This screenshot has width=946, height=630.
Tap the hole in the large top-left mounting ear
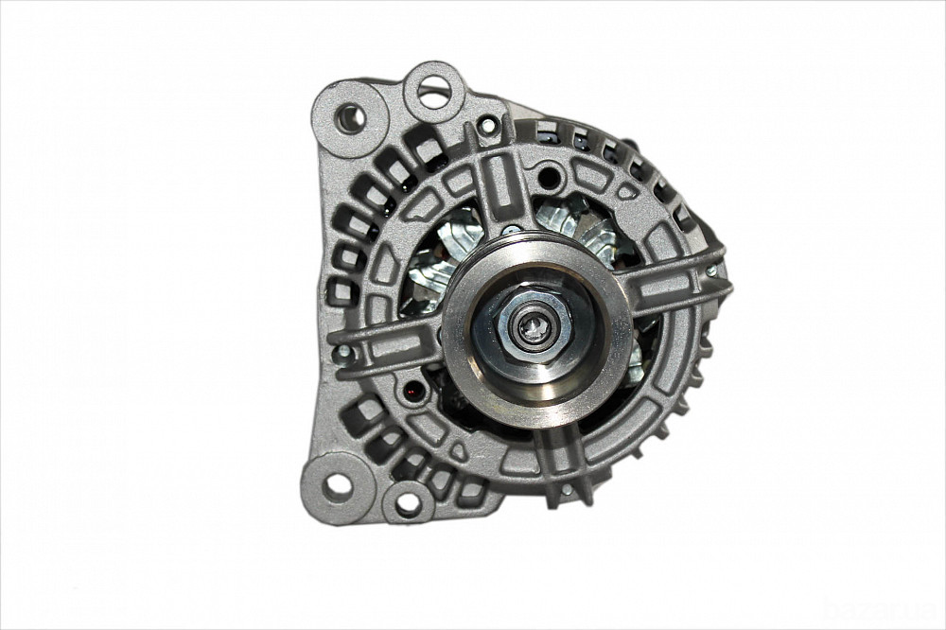click(349, 118)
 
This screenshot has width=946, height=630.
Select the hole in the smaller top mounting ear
click(434, 91)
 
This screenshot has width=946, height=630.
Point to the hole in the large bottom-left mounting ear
click(338, 486)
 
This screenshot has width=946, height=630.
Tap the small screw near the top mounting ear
click(487, 124)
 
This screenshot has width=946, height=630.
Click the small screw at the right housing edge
click(710, 271)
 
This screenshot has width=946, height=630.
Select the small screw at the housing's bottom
click(565, 490)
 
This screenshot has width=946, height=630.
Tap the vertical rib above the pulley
click(501, 189)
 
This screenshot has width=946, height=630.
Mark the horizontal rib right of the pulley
click(676, 284)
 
